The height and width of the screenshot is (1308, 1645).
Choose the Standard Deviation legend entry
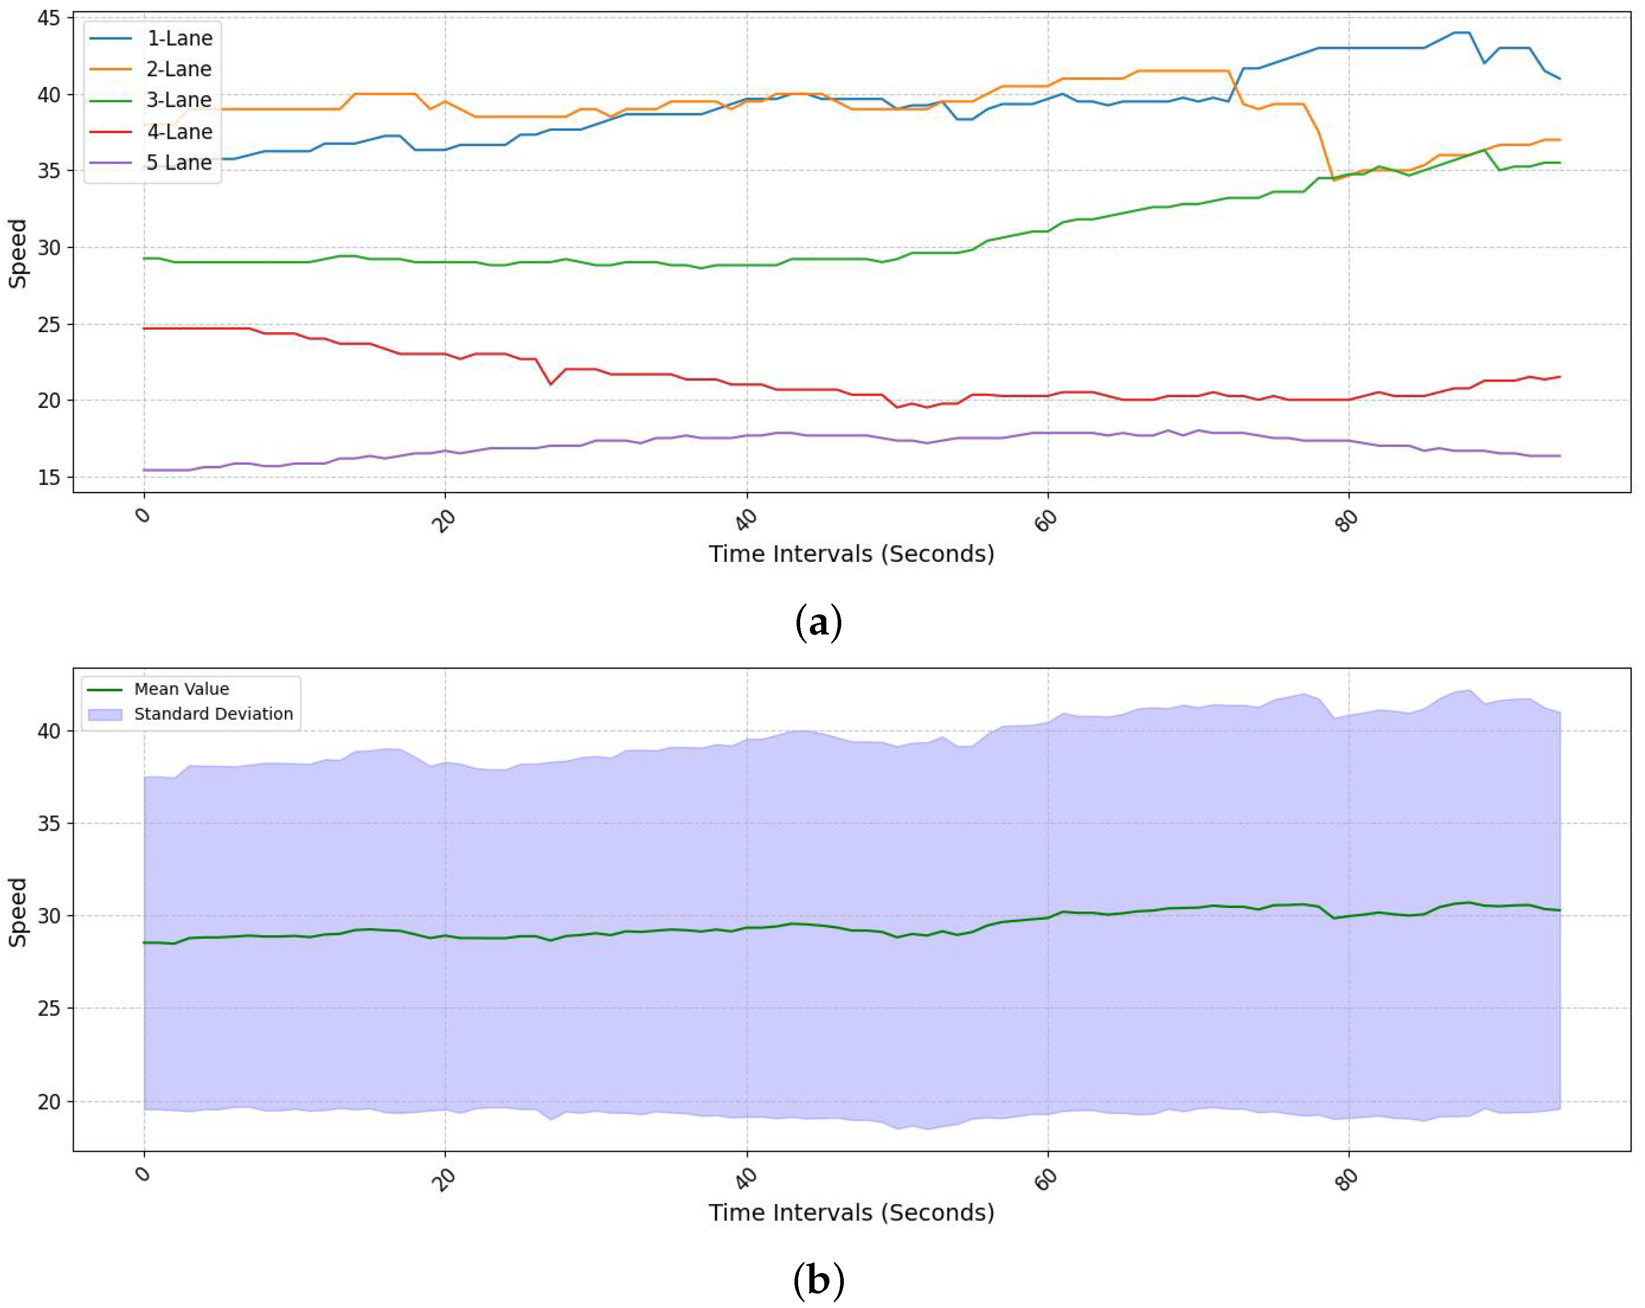point(213,714)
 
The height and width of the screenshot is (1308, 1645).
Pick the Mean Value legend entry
point(181,688)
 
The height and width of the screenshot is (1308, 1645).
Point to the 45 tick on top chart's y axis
point(49,17)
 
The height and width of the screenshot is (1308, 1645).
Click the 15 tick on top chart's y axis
point(49,478)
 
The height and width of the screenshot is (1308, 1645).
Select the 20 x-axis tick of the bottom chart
point(445,1179)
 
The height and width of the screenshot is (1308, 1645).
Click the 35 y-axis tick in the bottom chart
point(49,824)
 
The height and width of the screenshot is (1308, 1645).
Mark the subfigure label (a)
point(819,622)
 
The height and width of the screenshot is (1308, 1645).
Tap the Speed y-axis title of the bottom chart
point(17,912)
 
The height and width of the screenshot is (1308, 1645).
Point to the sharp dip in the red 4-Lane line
point(550,384)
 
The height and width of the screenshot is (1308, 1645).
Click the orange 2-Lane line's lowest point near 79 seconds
point(1334,180)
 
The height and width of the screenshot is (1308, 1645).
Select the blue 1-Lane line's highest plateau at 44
point(1460,32)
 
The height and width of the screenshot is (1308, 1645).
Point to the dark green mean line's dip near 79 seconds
point(1334,918)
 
